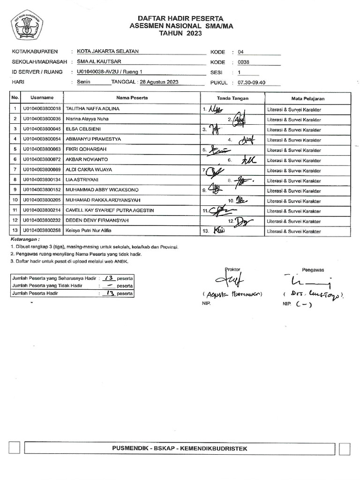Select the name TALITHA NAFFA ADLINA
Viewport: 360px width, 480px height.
(93, 109)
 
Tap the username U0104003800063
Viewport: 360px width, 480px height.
(42, 150)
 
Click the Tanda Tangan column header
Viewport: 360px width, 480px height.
(232, 98)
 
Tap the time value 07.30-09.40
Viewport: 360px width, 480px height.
(252, 82)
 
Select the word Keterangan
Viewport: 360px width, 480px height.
(24, 240)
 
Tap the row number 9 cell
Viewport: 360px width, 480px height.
(15, 190)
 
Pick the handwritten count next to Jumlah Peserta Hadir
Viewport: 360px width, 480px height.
(110, 294)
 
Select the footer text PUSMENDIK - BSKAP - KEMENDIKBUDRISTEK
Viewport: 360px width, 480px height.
(180, 449)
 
